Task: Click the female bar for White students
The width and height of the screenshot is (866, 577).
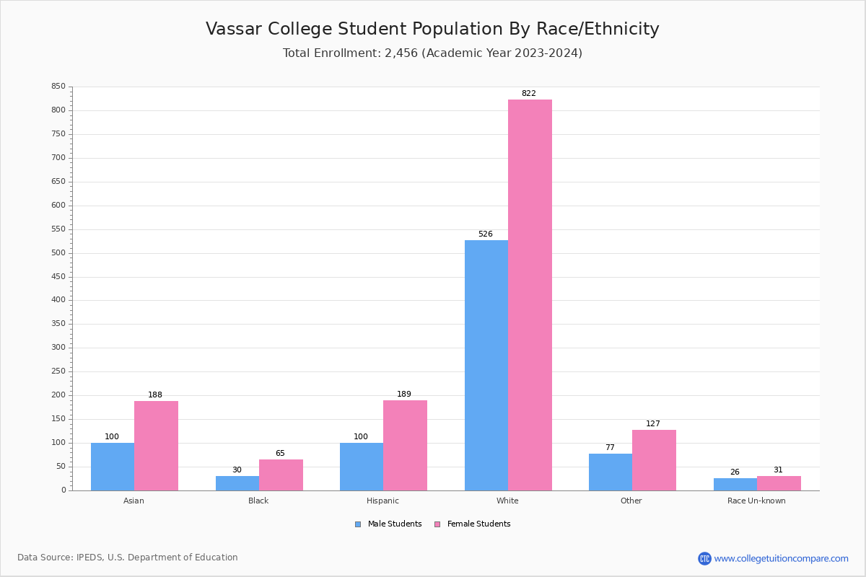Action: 530,295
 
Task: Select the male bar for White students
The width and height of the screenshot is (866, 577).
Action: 486,365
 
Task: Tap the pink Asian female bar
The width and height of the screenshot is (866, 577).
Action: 156,446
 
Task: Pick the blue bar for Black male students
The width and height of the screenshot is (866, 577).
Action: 237,483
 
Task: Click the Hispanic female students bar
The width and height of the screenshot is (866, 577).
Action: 405,445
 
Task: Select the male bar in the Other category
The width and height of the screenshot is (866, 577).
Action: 610,472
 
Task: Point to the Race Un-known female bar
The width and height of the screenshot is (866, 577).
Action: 779,483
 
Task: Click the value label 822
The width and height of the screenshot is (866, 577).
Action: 528,94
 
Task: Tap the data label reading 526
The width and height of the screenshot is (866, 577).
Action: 485,234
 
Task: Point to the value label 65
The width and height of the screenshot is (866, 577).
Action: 280,454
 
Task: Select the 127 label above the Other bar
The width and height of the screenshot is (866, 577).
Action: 652,424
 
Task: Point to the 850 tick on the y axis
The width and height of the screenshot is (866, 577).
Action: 58,87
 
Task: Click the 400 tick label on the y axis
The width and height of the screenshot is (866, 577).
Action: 58,300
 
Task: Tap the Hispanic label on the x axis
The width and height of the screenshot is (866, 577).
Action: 382,501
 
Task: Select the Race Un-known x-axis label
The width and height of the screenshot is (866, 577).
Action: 756,501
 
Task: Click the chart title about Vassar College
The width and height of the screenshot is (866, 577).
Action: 432,29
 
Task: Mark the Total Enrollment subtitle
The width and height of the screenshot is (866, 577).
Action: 432,53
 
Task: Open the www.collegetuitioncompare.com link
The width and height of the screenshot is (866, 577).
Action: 781,558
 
